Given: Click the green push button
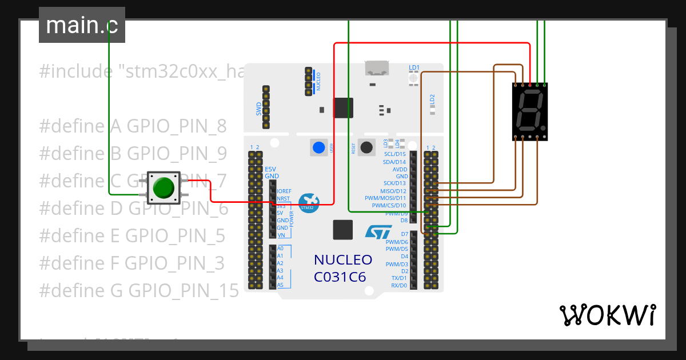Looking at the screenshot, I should pos(164,187).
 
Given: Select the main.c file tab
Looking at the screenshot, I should pos(81,25).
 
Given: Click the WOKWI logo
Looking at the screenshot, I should pos(607,315).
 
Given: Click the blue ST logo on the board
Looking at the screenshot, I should pos(378,231).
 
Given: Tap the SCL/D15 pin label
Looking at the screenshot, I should pos(394,154).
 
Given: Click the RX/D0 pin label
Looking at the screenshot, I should pos(398,285).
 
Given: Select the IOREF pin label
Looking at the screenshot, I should pos(284,191).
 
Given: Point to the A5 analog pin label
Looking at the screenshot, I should pos(280,285).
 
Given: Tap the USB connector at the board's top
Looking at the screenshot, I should pos(376,69).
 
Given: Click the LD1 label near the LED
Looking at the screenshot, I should pos(414,68).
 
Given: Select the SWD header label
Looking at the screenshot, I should pos(258,108).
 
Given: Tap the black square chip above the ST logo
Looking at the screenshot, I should pos(343,230).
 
